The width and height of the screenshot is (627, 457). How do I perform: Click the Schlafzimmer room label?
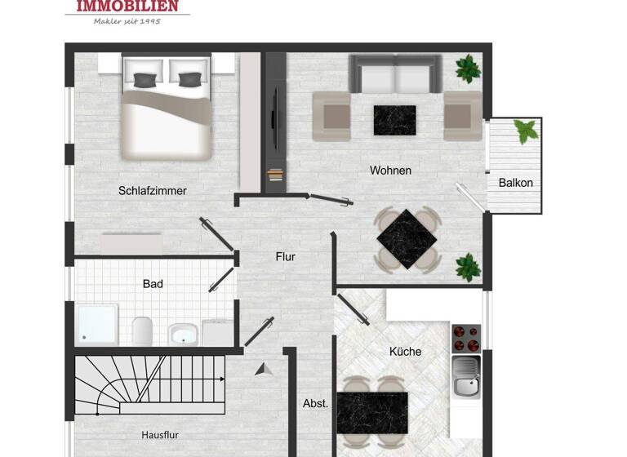click(153, 191)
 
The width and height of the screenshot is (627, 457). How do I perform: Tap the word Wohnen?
click(390, 171)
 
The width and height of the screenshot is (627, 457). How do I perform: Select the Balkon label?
click(516, 183)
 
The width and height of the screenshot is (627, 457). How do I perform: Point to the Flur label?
click(285, 256)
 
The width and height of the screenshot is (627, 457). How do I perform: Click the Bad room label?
click(153, 284)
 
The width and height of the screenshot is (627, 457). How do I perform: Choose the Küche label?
click(405, 352)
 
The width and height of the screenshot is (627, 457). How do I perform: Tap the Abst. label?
click(315, 403)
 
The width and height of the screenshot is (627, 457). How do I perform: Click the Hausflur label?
click(160, 435)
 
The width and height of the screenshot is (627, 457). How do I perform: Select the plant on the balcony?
click(525, 131)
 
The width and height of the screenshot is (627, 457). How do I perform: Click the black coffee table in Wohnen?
click(394, 120)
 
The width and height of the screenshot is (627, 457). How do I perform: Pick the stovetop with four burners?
click(466, 336)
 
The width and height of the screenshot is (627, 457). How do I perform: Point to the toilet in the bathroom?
click(143, 331)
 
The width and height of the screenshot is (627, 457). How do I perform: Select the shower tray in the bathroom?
click(96, 325)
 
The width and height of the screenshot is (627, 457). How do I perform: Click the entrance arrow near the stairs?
click(263, 369)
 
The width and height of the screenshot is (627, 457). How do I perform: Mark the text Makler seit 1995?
click(126, 20)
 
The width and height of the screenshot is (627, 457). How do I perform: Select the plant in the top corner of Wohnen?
click(469, 69)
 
